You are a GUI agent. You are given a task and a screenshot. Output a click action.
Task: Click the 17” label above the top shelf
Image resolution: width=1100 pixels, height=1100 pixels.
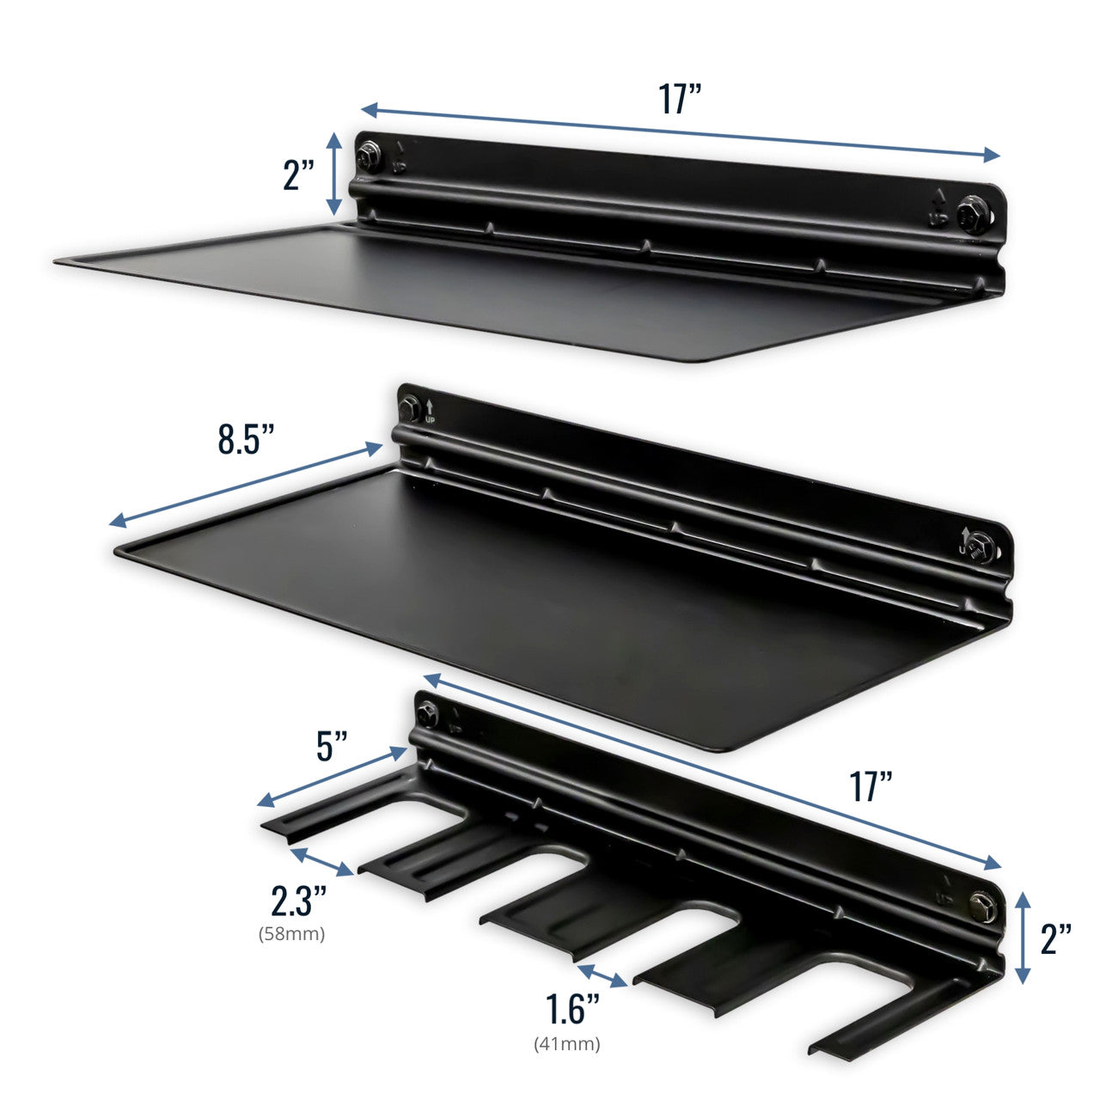[x=681, y=99]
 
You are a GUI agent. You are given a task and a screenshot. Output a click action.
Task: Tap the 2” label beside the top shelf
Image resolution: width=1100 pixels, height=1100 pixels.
[x=298, y=174]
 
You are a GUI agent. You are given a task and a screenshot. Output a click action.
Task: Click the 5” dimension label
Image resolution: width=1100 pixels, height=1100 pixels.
[x=332, y=745]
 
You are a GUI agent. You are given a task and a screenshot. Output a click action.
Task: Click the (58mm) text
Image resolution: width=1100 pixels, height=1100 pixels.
[x=291, y=934]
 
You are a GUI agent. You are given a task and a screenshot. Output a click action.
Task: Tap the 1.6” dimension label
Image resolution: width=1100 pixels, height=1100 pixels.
[x=571, y=1009]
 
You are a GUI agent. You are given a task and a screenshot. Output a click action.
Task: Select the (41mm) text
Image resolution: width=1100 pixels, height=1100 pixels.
[x=566, y=1044]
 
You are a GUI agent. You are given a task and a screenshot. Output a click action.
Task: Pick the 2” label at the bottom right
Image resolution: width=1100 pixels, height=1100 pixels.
[x=1055, y=939]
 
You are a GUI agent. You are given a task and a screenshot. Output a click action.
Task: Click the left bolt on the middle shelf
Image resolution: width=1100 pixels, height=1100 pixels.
[x=411, y=409]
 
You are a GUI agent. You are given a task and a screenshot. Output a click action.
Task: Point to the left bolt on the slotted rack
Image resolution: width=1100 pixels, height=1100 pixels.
[x=427, y=712]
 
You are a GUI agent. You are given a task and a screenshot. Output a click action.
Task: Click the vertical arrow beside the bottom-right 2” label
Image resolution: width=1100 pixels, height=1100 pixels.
[x=1022, y=938]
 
